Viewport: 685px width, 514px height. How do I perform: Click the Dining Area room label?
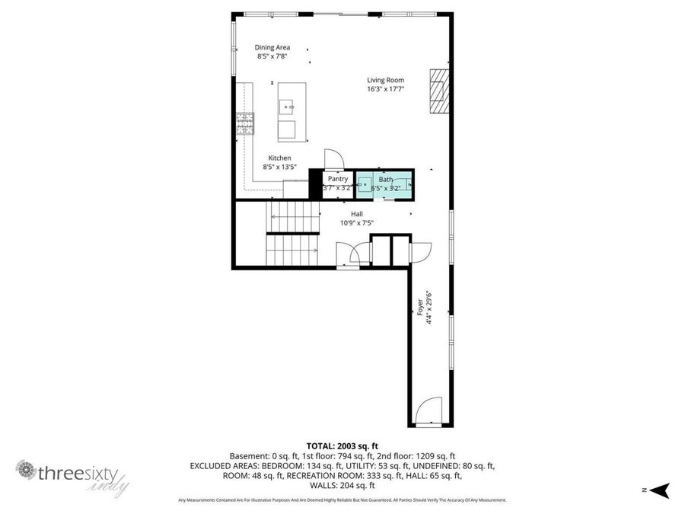(272, 47)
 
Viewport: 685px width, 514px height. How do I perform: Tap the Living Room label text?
(385, 80)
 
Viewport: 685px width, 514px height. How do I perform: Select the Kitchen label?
(279, 158)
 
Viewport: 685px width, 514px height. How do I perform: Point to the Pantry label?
(338, 179)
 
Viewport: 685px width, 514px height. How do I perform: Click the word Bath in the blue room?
(386, 179)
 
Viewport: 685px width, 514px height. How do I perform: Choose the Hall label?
(356, 214)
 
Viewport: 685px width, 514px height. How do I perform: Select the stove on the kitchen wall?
(244, 124)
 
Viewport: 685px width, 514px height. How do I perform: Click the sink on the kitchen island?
(288, 107)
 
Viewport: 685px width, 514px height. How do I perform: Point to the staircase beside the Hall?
(292, 232)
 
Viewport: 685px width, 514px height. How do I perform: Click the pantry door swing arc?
(334, 158)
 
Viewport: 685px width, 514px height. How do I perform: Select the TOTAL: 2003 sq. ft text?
(342, 445)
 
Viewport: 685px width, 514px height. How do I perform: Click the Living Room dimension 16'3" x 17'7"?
(385, 89)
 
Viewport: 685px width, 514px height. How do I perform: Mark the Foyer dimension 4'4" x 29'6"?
(429, 308)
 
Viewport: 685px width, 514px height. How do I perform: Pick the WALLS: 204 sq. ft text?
(342, 485)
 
